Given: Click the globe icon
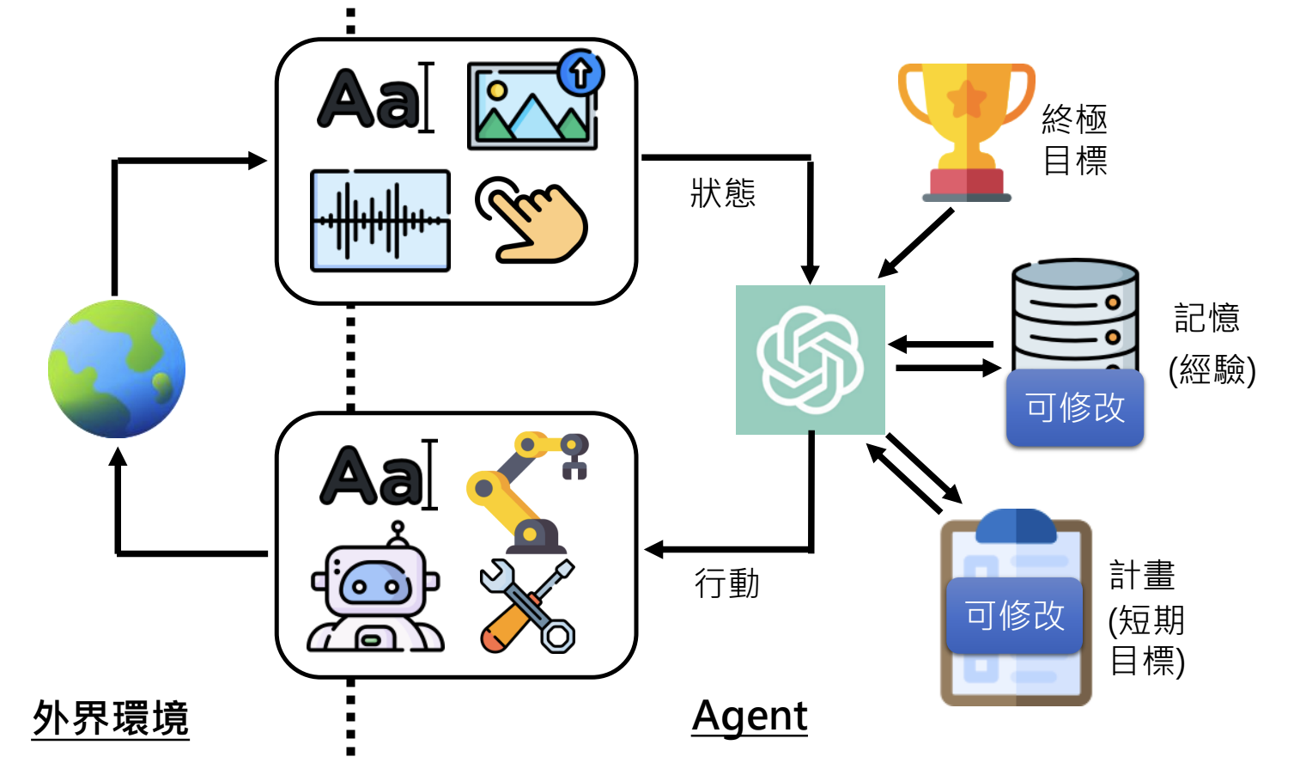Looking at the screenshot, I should coord(117,369).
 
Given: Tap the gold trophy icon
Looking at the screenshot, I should coord(966,129).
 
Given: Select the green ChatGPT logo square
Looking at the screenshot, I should coord(810,359).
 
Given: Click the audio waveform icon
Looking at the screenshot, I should coord(380,221).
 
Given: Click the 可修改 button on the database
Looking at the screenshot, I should coord(1075,407).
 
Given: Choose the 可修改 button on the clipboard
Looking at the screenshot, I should coord(1014,615).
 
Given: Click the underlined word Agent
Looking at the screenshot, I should coord(750,717).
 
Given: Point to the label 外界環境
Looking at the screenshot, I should coord(111,718).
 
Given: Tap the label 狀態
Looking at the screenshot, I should coord(723,193).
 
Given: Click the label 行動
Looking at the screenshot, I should coord(726,584).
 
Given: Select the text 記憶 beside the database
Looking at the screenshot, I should coord(1206,318).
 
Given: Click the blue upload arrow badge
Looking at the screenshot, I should coord(580,72).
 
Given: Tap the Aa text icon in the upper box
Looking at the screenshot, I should coord(374,98).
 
